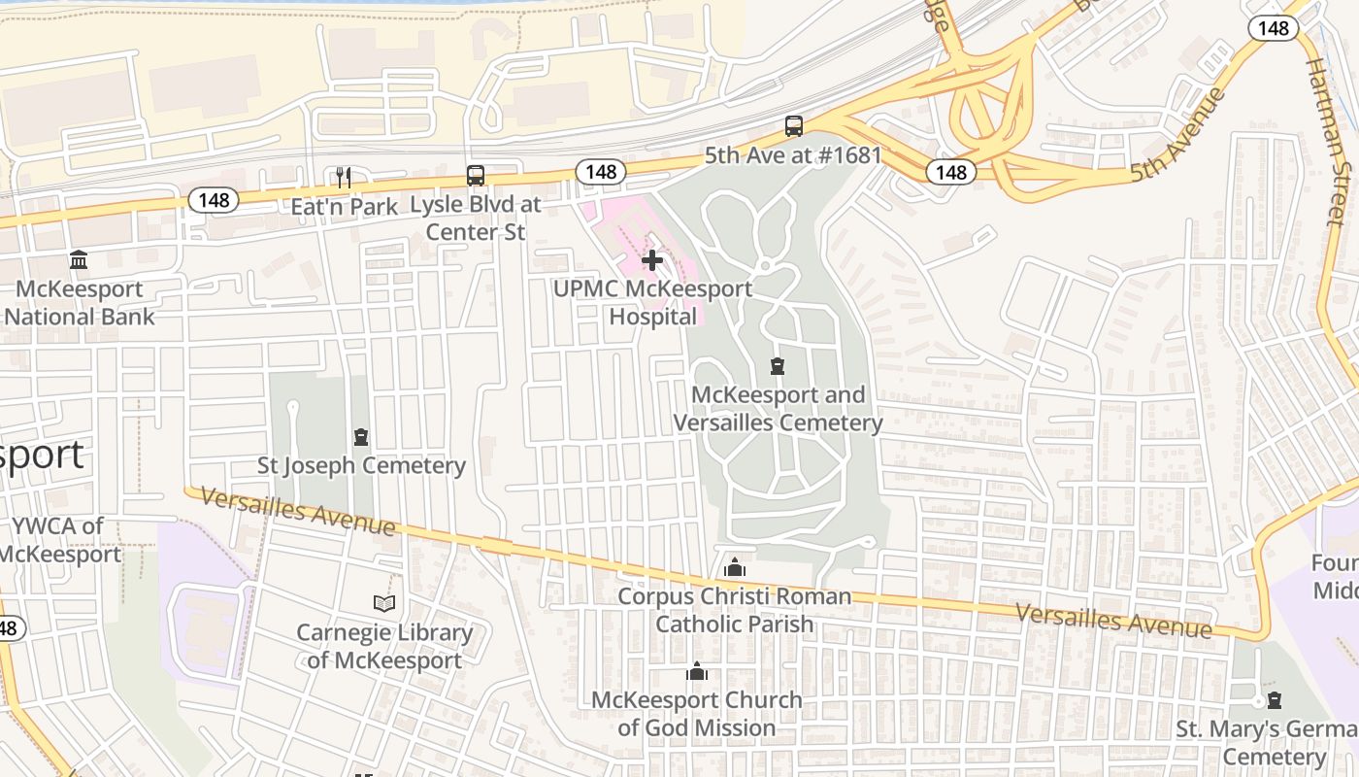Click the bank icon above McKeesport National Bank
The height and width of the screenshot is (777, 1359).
79,260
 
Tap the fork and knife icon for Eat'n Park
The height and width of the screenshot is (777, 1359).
343,177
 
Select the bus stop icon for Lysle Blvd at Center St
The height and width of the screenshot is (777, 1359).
475,176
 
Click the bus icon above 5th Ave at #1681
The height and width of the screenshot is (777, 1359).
793,126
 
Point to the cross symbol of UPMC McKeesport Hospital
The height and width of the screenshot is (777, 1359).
652,260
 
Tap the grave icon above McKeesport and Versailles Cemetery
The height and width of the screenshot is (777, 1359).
777,366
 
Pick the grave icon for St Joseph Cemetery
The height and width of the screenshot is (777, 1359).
361,437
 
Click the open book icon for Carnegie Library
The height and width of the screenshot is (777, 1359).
384,604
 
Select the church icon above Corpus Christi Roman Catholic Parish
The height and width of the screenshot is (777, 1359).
735,567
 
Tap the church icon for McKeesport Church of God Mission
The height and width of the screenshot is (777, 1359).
696,672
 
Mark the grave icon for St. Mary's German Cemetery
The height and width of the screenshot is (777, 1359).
1274,700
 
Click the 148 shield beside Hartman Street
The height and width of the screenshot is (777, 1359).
1273,27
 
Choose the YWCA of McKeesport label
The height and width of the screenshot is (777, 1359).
60,540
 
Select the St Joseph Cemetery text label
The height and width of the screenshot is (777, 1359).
361,465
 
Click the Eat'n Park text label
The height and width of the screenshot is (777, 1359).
345,206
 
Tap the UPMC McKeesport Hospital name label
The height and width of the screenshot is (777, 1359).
652,302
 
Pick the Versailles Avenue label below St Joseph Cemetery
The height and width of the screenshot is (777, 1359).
298,511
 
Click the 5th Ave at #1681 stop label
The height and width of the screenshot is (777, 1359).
793,155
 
